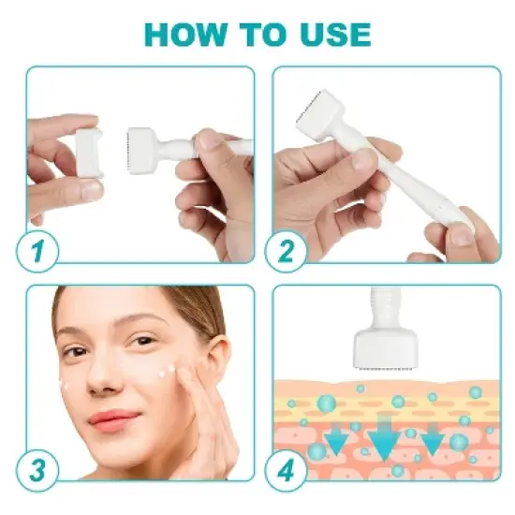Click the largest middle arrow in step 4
385,441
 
